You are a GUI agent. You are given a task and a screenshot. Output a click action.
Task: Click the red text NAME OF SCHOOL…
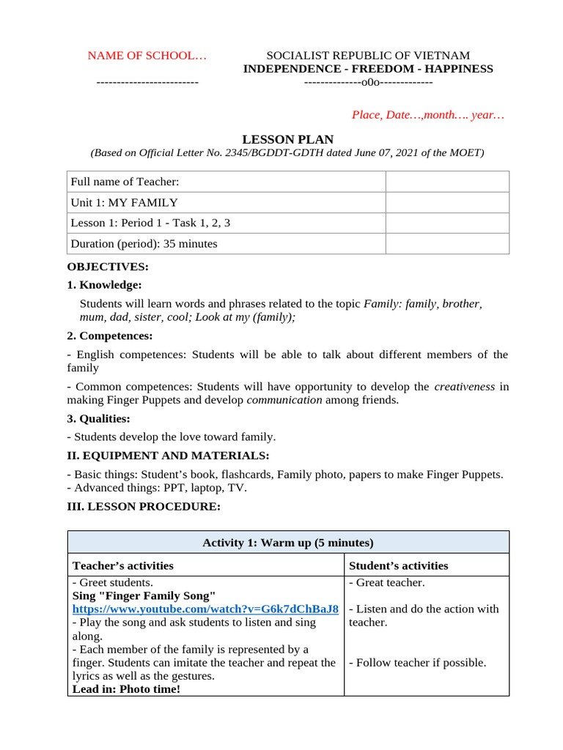pos(147,56)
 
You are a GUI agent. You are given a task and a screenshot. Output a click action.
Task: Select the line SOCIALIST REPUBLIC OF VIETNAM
pos(368,56)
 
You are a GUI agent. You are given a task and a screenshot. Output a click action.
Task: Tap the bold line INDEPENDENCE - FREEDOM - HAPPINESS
pos(368,69)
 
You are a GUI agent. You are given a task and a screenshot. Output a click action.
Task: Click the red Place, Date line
pos(428,115)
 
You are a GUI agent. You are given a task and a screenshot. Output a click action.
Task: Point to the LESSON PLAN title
pos(288,139)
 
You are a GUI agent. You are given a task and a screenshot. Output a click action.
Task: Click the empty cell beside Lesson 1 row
pos(447,223)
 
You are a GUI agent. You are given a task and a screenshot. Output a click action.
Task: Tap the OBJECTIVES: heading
pos(108,267)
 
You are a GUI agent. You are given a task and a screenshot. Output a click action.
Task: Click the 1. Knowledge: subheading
pos(105,285)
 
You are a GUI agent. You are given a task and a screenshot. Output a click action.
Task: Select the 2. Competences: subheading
pos(110,335)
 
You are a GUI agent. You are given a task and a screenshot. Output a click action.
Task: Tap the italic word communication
pos(284,400)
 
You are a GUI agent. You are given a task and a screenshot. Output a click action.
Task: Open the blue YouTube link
pos(205,609)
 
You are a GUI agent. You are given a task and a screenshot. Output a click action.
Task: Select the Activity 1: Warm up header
pos(288,543)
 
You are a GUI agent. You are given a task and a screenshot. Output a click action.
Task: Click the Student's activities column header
pos(398,565)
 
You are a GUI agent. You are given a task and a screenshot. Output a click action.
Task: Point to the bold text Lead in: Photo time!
pos(125,689)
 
